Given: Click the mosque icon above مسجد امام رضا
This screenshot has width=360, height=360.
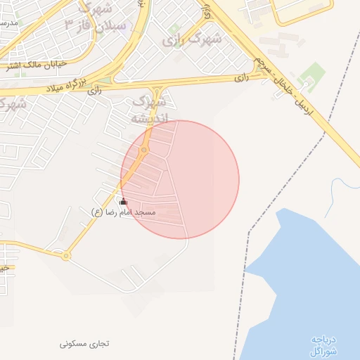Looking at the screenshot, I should coord(124,202).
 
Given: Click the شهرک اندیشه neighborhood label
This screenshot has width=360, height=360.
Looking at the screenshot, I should coord(150,110).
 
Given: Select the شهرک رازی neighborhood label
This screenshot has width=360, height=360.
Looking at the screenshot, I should coord(191,39).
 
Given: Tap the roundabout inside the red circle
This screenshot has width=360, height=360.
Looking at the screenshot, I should coord(143,150).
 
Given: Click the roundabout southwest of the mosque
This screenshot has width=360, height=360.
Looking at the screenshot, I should coord(66,256).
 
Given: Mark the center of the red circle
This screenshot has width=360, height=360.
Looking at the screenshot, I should coord(180,179).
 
